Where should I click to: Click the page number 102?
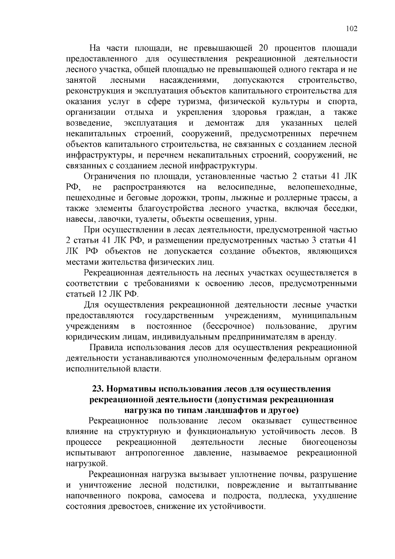pos(351,29)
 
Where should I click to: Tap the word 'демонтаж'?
pos(224,123)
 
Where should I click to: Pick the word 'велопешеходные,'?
pos(322,187)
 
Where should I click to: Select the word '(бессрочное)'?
pos(228,326)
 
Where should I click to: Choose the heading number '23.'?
pos(98,389)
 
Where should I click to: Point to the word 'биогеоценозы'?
pos(329,442)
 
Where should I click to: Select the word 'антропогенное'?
pos(155,453)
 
